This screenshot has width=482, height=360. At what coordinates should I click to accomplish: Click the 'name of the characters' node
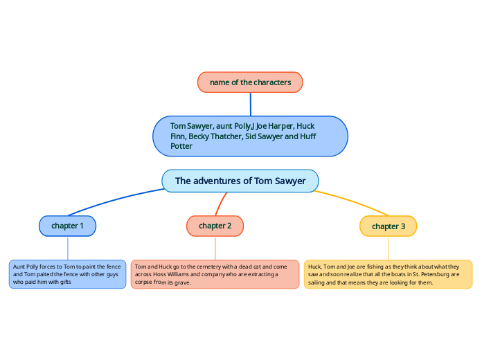point(250,82)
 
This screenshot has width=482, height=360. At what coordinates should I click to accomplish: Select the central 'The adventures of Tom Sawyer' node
point(240,181)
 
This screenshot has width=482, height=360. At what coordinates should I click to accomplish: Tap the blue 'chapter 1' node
point(67,226)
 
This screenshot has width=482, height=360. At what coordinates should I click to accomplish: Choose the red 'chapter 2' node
point(215,226)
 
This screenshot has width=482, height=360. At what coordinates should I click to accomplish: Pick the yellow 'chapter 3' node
point(388,226)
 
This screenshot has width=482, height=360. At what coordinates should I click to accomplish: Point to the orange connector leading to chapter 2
point(222,203)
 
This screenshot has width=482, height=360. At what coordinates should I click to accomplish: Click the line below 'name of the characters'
point(250,104)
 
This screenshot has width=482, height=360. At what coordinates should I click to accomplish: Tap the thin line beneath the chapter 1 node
point(68,248)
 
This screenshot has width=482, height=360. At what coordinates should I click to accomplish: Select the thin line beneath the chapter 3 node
point(389,248)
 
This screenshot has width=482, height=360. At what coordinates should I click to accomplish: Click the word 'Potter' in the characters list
point(181,146)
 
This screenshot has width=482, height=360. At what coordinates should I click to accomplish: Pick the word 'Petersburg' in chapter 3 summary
point(422,274)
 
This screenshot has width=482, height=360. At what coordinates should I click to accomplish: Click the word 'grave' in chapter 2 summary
point(183,282)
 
